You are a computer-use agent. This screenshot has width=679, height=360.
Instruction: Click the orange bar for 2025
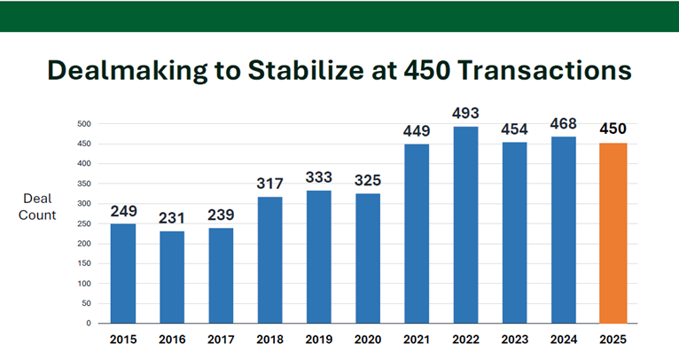(x=612, y=232)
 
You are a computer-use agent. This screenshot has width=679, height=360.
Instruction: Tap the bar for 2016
(x=172, y=277)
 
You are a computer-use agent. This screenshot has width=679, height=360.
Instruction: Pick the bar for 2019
(x=318, y=256)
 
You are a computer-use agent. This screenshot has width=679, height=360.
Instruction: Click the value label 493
(x=465, y=113)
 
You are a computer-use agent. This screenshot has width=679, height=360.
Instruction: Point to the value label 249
(x=123, y=211)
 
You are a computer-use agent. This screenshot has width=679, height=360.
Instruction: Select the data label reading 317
(x=269, y=184)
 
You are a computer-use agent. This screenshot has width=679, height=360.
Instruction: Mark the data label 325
(x=367, y=181)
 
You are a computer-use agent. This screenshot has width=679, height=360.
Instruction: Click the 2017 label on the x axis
(x=221, y=340)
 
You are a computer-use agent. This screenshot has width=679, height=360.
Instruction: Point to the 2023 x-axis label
(x=514, y=340)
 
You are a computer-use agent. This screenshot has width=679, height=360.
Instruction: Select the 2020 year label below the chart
(x=367, y=340)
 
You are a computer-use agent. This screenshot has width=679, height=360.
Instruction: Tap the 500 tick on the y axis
(x=86, y=123)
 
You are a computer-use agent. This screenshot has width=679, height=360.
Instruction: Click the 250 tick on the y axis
(x=86, y=223)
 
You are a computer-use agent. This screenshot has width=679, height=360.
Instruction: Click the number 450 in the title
(x=425, y=71)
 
